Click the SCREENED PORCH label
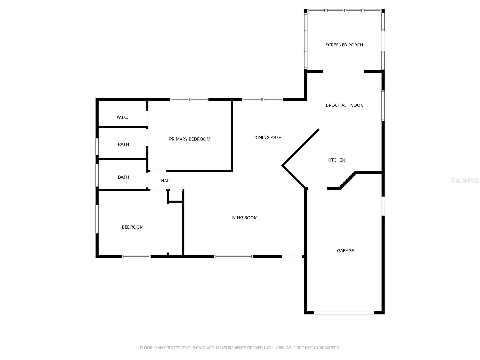(x=344, y=45)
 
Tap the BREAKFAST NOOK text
(x=344, y=105)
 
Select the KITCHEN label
(x=336, y=160)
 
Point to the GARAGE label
(x=345, y=250)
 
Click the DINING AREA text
(x=268, y=138)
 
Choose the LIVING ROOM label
(x=243, y=218)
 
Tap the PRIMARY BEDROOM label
(x=190, y=139)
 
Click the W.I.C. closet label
(x=122, y=117)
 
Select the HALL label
(x=166, y=181)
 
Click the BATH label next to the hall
(x=123, y=177)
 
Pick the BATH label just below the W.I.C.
(x=123, y=145)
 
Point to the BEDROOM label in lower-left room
(x=133, y=227)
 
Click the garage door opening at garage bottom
(x=344, y=313)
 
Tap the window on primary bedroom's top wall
(x=189, y=99)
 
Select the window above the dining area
(x=262, y=99)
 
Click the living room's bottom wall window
(x=233, y=256)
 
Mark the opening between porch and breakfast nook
(x=343, y=71)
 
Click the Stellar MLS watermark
(x=465, y=180)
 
